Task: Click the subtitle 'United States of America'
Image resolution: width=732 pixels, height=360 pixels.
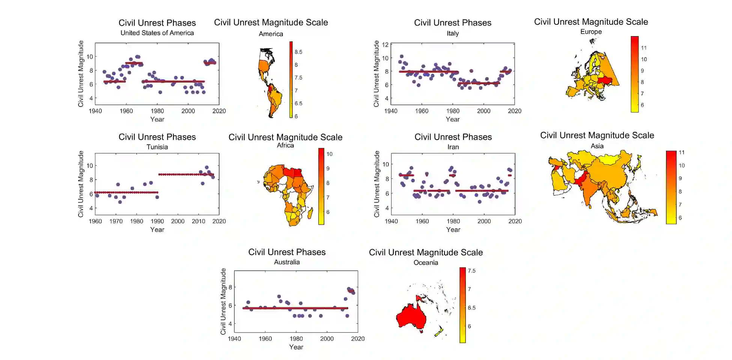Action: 157,33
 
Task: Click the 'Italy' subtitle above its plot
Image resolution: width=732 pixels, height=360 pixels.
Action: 452,33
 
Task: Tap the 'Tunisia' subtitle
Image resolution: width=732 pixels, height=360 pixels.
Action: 157,147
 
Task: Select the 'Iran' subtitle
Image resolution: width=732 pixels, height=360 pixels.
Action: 453,147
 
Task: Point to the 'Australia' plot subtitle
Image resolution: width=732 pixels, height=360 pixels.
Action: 286,262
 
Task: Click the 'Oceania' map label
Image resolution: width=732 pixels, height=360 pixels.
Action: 425,263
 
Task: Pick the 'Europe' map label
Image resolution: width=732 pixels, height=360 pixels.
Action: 591,32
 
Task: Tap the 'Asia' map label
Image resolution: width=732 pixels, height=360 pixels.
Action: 597,146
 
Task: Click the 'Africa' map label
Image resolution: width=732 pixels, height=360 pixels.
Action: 285,146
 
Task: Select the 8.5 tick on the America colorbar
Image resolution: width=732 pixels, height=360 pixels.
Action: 298,52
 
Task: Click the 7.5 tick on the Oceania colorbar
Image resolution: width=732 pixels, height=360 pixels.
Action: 471,271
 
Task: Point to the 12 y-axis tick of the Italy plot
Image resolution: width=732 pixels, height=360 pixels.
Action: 385,45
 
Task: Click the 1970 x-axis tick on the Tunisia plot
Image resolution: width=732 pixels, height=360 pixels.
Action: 116,221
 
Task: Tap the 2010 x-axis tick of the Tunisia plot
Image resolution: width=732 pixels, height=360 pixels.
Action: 198,221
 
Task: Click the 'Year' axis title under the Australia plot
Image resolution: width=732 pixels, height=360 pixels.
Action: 296,347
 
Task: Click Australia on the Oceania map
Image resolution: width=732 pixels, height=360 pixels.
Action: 411,316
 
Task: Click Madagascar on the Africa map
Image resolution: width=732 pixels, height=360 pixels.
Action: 310,214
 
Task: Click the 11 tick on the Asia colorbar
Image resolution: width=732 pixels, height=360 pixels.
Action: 681,153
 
